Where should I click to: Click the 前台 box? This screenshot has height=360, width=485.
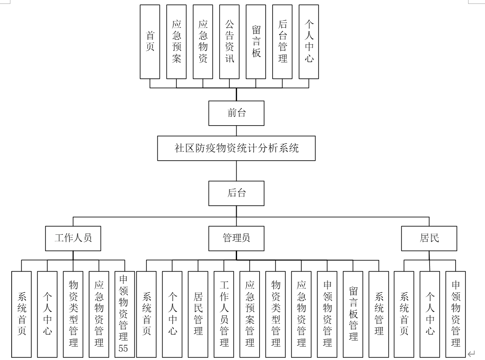click(x=236, y=114)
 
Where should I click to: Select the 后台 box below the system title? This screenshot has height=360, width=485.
click(x=236, y=193)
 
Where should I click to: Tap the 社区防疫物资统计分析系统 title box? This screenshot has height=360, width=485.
click(x=236, y=149)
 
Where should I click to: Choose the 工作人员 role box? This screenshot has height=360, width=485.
click(x=73, y=238)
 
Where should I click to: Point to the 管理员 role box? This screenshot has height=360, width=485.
click(x=236, y=238)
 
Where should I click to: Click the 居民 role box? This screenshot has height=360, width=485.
click(x=429, y=238)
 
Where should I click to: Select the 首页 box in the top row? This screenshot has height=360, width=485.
click(x=150, y=42)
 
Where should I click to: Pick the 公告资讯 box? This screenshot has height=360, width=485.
click(x=229, y=42)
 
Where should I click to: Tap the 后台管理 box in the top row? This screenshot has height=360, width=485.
click(x=282, y=42)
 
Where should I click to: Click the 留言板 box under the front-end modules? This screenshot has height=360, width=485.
click(x=256, y=42)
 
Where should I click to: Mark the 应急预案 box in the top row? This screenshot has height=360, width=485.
click(x=176, y=42)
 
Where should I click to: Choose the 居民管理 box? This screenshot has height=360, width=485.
click(x=198, y=314)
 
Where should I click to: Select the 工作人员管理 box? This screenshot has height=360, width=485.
click(x=224, y=314)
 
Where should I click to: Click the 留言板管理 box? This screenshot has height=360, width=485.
click(x=353, y=314)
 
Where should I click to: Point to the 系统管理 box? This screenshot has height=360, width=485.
click(x=379, y=314)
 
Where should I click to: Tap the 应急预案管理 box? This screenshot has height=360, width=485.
click(x=250, y=314)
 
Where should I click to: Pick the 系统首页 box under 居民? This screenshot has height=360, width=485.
click(x=404, y=314)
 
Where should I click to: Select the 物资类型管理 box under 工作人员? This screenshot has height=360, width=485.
click(x=73, y=314)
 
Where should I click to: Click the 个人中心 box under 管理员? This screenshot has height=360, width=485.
click(x=172, y=314)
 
